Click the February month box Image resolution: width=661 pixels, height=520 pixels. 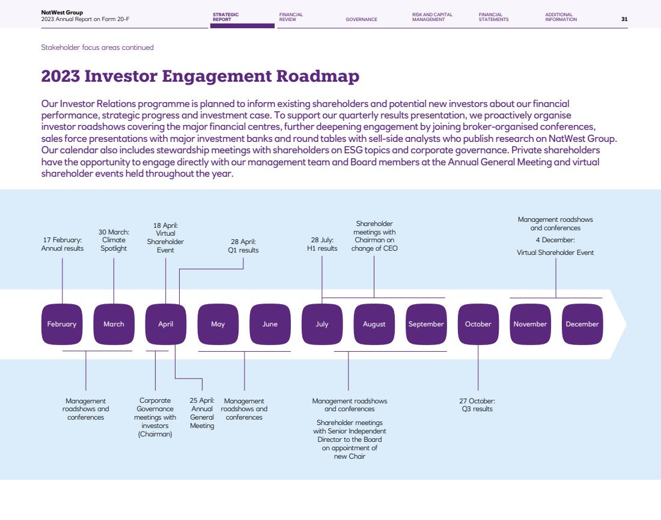(x=62, y=324)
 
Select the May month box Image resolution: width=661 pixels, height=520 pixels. (x=218, y=324)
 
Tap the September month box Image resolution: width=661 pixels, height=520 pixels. (x=426, y=324)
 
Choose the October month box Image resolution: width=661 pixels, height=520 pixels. (x=478, y=324)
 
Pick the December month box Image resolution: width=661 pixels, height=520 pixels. (x=582, y=324)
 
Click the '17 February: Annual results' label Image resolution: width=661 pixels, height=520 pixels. (x=62, y=244)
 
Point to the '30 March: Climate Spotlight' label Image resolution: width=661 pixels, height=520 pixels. (x=114, y=240)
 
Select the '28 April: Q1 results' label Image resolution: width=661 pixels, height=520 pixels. (x=243, y=246)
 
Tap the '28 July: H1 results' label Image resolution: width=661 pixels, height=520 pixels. (x=322, y=244)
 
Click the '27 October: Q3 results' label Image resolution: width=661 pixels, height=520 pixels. (x=477, y=405)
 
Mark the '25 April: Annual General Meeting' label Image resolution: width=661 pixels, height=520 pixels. (x=202, y=413)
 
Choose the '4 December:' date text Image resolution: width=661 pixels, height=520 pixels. (x=555, y=240)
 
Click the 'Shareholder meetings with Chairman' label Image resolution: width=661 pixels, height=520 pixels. (x=374, y=236)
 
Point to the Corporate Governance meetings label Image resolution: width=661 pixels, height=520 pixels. (x=155, y=417)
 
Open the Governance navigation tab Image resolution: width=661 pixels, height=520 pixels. (x=361, y=19)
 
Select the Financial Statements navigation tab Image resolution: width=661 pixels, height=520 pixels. (x=493, y=17)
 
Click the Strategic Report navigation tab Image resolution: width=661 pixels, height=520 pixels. (x=225, y=17)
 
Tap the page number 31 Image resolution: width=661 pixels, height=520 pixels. (x=624, y=19)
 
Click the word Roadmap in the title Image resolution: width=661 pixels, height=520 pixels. (x=318, y=76)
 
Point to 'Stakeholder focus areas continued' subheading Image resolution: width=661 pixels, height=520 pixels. (x=97, y=47)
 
